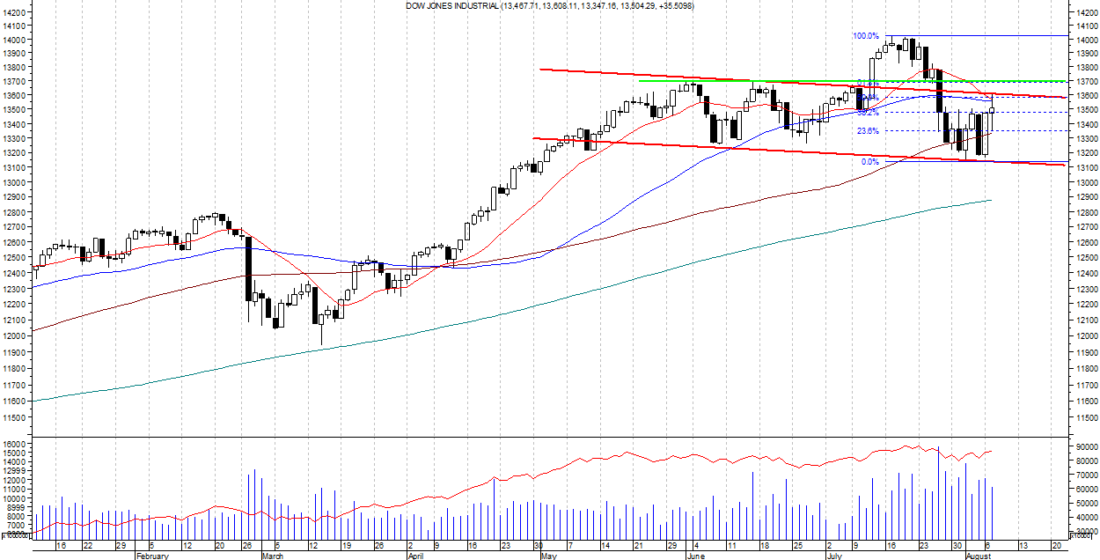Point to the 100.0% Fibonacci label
tap(865, 36)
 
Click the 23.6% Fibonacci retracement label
tap(868, 131)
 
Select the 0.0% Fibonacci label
tap(869, 162)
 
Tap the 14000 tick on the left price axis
tap(14, 41)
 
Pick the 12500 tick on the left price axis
tap(14, 257)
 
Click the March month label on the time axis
tap(273, 556)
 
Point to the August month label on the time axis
tap(979, 556)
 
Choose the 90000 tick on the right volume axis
tap(1086, 447)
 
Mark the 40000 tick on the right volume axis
tap(1086, 518)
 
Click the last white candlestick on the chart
tap(992, 120)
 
